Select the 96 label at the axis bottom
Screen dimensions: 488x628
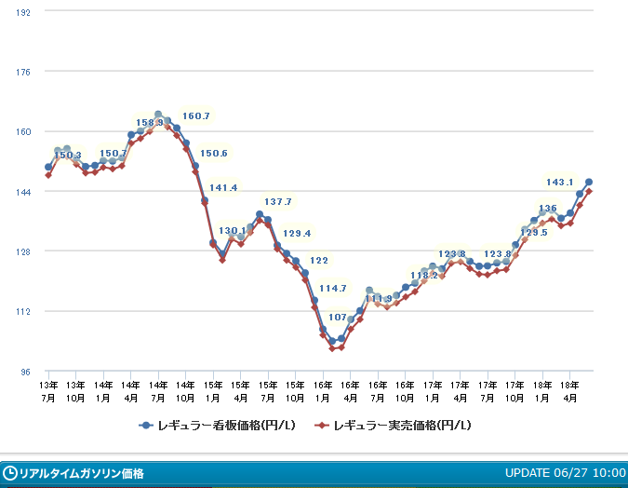[26, 372]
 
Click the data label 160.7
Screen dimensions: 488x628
[196, 116]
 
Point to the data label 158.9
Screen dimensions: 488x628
[150, 122]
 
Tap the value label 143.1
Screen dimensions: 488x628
[559, 183]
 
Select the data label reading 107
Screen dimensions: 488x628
[338, 317]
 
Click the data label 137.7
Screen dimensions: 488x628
[278, 202]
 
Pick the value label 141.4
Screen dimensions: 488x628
[222, 188]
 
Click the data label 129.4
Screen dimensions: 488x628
[297, 234]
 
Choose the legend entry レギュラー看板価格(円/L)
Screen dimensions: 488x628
[219, 426]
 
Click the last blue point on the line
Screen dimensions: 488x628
[589, 183]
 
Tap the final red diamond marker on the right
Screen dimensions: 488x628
[589, 192]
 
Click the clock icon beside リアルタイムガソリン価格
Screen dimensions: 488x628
[10, 473]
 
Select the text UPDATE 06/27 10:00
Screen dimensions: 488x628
[565, 473]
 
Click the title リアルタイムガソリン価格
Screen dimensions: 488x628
[81, 473]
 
